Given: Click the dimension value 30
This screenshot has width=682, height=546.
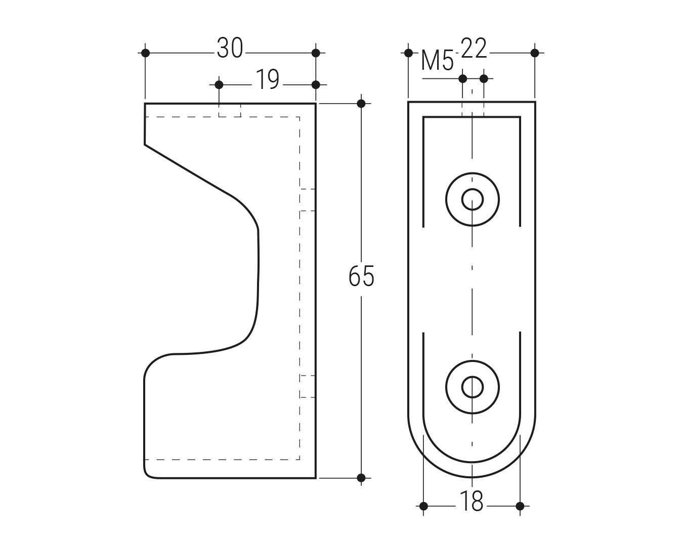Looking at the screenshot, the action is [230, 48].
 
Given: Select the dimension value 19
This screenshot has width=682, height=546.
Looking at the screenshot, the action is [268, 79].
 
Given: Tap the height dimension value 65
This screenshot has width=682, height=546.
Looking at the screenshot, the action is [361, 276].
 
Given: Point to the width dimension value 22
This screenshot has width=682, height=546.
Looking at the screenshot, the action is [474, 48].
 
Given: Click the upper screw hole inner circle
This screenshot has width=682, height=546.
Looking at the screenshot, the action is [472, 200].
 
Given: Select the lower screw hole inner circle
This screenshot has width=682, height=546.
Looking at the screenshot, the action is [472, 387].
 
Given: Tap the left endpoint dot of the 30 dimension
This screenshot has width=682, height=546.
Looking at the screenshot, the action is [145, 53].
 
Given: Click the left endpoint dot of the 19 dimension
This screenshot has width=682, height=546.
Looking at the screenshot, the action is [219, 85].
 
